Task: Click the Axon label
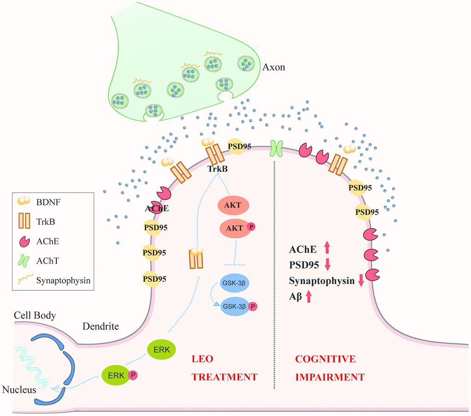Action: (274, 67)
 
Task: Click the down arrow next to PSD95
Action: (327, 265)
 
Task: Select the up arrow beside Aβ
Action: (308, 296)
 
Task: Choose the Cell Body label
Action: (35, 316)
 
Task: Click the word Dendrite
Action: (101, 326)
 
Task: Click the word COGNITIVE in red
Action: (326, 359)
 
